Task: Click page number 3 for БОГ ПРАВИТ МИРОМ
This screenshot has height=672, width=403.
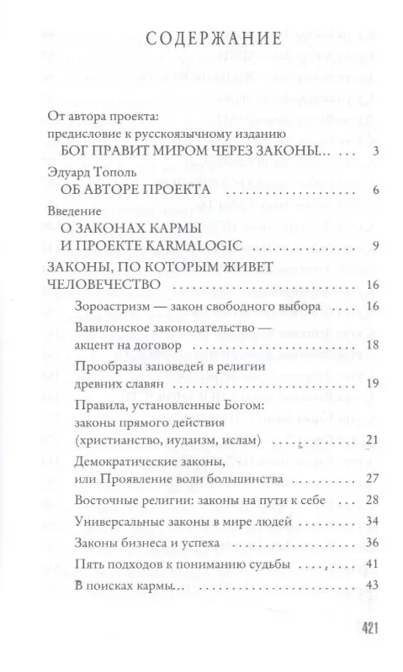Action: point(358,152)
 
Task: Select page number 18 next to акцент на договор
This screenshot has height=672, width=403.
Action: point(355,345)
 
